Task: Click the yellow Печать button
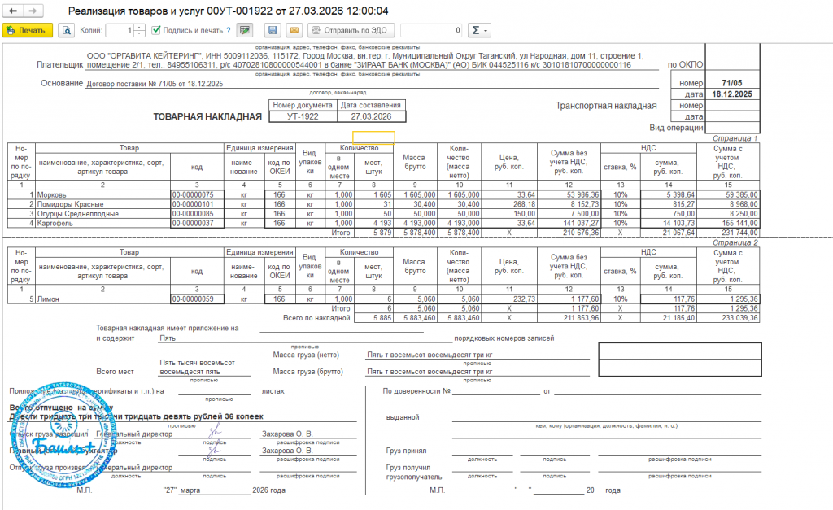28,30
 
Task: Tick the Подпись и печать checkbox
156,30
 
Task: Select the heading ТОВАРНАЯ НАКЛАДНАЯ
207,116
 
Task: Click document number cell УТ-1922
303,116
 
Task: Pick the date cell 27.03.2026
371,116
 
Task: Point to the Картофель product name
57,222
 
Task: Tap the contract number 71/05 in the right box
731,83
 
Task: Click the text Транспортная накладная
605,106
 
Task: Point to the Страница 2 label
735,242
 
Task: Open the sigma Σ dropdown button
479,30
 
